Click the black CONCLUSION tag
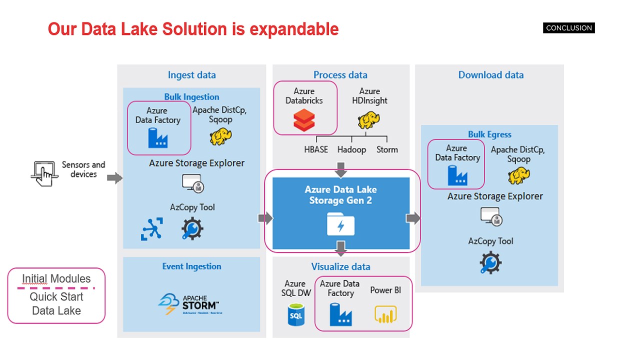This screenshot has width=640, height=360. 569,28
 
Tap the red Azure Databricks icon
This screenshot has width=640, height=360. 304,120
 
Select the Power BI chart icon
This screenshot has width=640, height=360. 385,313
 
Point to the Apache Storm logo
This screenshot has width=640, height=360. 188,303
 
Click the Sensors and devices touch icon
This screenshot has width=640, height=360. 43,173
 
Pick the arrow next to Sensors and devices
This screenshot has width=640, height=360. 114,177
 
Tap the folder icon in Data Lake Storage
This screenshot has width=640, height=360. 340,223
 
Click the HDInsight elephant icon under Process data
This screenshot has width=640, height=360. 369,120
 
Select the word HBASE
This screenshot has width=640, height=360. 316,149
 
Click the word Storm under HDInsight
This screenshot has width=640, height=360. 387,149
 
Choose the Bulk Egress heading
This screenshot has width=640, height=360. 489,134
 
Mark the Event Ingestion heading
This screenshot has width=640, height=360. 191,266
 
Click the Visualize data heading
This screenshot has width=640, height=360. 340,266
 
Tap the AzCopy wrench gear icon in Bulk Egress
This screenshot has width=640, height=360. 490,263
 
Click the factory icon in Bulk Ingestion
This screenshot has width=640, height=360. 158,137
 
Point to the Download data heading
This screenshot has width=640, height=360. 491,75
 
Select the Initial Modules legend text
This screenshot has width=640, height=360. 56,279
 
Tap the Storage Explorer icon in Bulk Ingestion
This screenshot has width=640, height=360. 192,183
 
